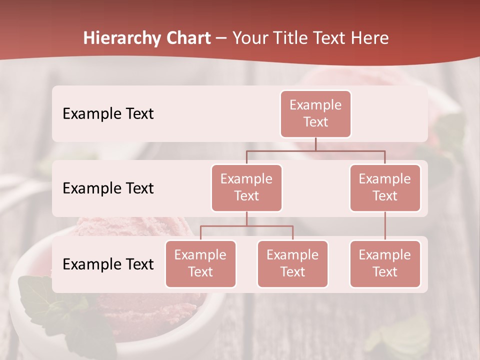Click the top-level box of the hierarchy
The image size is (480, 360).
315,113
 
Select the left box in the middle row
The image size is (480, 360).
246,187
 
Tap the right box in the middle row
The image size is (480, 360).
385,187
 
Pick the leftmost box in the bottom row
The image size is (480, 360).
200,263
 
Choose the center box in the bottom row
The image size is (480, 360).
292,263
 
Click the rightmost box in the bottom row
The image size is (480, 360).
385,263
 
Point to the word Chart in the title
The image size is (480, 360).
188,38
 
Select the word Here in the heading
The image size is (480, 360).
369,38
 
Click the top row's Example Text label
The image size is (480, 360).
108,114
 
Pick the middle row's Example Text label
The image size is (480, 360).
108,188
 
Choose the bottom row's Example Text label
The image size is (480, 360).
108,264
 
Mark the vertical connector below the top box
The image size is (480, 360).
315,144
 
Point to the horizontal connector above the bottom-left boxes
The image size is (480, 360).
246,226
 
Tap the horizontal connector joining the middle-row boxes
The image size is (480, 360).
315,150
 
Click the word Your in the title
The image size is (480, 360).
249,38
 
